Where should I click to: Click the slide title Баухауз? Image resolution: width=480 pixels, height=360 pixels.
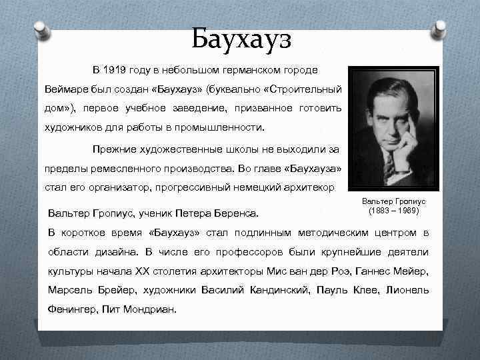tap(241, 39)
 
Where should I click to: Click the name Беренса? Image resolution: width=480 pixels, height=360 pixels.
tap(239, 214)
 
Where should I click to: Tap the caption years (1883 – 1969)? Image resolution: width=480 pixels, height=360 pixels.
tap(393, 211)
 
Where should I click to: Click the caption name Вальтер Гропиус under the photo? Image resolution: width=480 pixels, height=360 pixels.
tap(393, 201)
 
